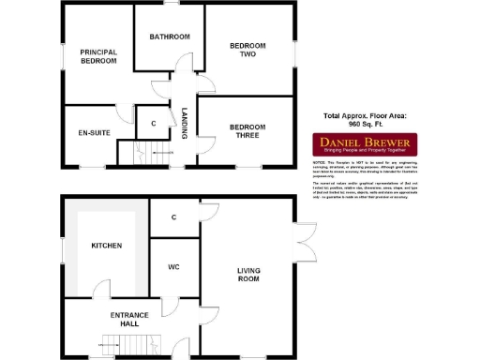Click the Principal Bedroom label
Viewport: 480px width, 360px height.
coord(97,56)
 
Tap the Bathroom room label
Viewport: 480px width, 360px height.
coord(170,37)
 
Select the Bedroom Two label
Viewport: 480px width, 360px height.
coord(248,50)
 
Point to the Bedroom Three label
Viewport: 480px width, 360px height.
coord(248,132)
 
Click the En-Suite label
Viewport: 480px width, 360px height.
coord(95,133)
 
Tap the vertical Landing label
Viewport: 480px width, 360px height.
coord(185,123)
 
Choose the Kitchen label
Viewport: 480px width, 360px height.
coord(106,246)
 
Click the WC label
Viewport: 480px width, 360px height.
coord(172,268)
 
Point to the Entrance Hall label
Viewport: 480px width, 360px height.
coord(132,320)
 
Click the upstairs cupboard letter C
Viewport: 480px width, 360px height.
coord(152,123)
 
